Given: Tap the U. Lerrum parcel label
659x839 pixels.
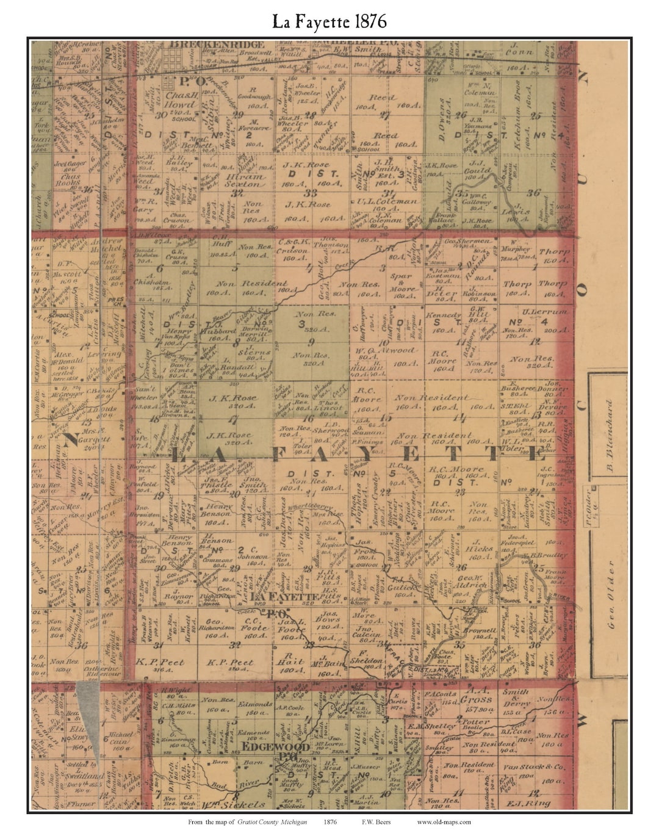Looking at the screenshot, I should coord(546,312).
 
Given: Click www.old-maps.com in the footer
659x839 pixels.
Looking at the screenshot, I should coord(444,822).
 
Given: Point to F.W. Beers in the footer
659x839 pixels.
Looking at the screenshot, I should coord(376,822).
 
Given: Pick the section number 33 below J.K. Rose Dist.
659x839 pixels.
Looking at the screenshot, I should coord(311,193).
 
